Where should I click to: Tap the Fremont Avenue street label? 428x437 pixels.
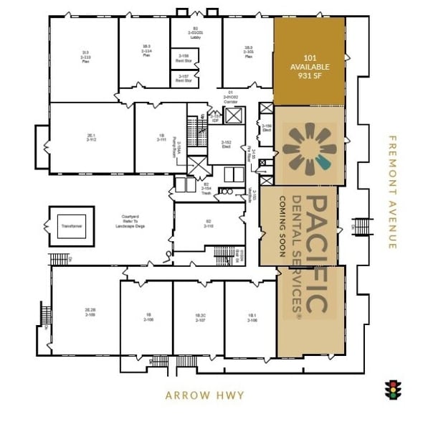pos(391,192)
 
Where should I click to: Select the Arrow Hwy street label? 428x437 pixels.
pos(204,395)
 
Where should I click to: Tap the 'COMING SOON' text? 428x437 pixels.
pos(283,226)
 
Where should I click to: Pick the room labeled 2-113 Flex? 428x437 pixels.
pos(85,57)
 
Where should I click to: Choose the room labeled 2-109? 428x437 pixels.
pos(85,312)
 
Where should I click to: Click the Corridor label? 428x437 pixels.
pos(231,98)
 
